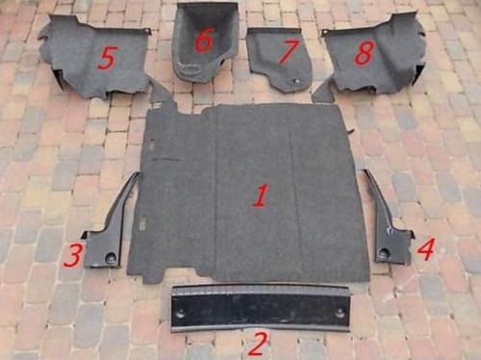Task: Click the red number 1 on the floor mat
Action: pos(261,195)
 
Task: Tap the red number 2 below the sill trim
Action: pos(258,344)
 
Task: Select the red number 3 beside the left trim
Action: pos(73,256)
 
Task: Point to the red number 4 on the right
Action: pos(426,249)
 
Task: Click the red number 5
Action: pos(107,58)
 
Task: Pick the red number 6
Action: pos(204,39)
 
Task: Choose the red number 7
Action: pos(289,51)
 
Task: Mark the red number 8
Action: pos(365,52)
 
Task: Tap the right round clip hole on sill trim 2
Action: pos(341,314)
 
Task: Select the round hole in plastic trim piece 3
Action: pos(111,257)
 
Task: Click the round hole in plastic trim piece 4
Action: pos(384,254)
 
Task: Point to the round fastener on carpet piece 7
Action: pos(295,82)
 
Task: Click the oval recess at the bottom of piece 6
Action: pos(191,69)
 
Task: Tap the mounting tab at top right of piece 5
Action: pos(147,31)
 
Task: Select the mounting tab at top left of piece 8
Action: pos(325,33)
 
